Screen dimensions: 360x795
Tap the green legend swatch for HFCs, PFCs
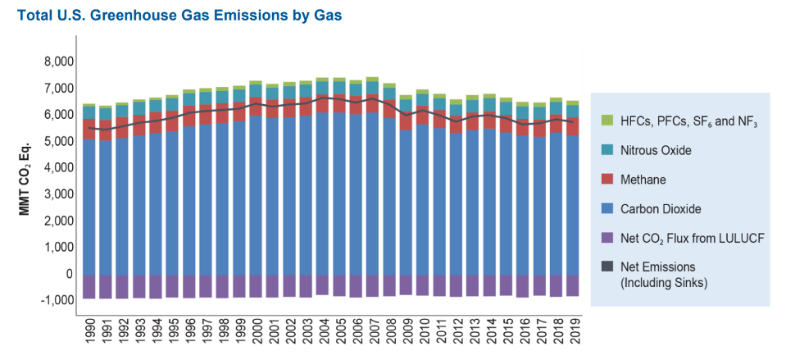tap(606, 121)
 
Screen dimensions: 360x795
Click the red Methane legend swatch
tap(606, 180)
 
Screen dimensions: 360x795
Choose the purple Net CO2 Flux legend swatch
tap(606, 238)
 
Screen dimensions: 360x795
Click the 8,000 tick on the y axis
tap(57, 62)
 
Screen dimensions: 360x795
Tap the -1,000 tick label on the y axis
tap(56, 300)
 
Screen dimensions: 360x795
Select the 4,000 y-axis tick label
tap(57, 167)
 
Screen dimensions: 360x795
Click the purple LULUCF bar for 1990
tap(89, 286)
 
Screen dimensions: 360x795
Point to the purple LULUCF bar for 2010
tap(423, 285)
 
